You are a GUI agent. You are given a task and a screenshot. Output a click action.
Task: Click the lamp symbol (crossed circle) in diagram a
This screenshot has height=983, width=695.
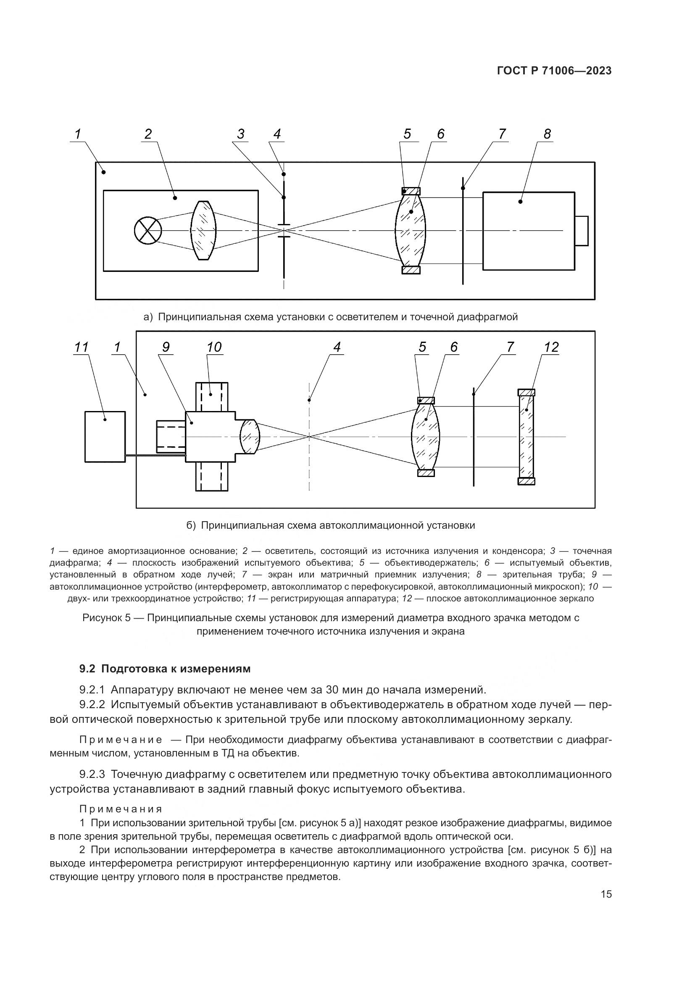147,231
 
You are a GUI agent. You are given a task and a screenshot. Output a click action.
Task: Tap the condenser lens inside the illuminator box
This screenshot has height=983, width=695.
203,231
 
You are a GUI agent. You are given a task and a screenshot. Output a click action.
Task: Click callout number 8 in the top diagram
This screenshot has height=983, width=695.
548,134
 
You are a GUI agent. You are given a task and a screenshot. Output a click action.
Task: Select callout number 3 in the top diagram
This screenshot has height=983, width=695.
240,134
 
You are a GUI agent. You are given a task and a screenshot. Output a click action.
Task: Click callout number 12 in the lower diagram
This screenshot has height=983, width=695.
551,347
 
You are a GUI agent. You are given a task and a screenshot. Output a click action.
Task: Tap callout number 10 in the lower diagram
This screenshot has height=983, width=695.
214,347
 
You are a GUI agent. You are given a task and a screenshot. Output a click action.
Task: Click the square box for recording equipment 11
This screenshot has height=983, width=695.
105,437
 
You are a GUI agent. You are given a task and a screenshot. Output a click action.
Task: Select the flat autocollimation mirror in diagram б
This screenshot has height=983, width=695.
527,437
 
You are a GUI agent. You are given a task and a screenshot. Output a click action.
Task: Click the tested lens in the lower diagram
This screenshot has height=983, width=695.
425,437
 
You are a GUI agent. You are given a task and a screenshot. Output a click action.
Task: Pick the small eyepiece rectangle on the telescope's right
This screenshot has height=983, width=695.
581,231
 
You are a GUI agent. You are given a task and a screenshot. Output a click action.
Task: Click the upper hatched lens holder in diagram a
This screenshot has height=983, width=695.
411,191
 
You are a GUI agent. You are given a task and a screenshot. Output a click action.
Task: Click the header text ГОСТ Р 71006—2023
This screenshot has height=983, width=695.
554,71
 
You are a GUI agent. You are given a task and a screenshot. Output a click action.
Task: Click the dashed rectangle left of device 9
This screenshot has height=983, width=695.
171,437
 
